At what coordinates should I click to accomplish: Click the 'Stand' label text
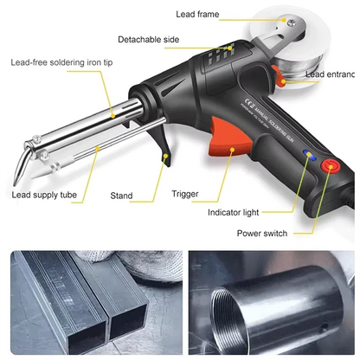click(x=121, y=196)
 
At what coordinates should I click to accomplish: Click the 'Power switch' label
click(x=263, y=233)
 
